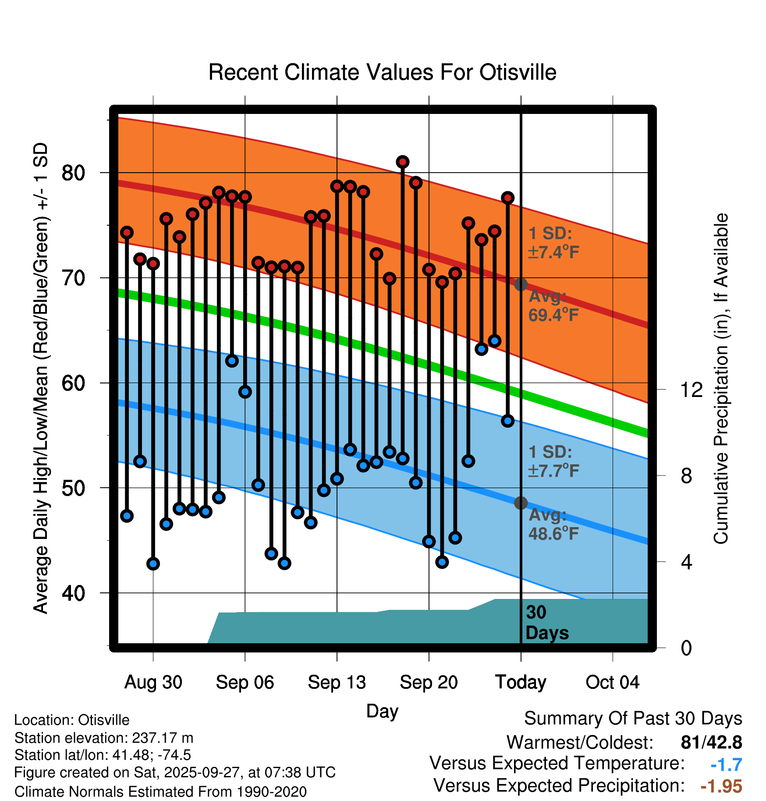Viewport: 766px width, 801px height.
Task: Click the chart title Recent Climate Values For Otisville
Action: point(382,72)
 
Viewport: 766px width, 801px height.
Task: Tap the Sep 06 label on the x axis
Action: point(245,682)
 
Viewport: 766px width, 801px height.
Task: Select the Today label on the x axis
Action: point(521,682)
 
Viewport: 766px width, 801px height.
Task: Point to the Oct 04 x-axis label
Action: point(612,682)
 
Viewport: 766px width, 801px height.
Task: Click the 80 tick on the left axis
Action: point(73,173)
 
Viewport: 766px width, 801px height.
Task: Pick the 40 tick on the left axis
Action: point(73,593)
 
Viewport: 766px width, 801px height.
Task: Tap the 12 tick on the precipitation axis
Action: point(692,390)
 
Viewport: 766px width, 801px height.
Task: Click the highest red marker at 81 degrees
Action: point(403,162)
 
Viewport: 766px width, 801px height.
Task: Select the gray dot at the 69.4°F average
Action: point(521,284)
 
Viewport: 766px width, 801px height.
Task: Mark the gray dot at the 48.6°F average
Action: point(521,503)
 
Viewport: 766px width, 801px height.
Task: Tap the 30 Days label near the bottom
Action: point(546,623)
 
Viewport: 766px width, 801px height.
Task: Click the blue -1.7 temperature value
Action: point(726,765)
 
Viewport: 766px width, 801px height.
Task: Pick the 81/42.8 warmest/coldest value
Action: point(711,742)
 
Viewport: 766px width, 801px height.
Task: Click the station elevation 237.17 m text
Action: point(104,738)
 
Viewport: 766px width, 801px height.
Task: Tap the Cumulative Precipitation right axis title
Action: point(721,379)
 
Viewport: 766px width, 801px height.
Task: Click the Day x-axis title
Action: point(382,711)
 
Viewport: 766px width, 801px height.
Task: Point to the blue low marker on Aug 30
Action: point(153,564)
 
